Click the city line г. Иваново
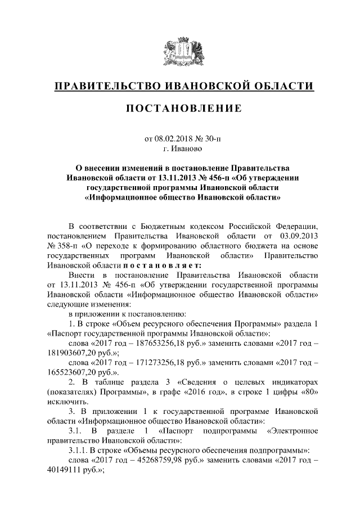(180, 148)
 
